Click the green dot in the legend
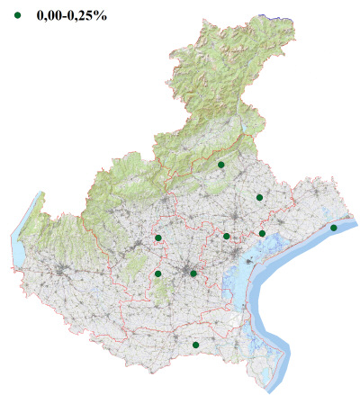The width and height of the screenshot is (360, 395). (x=17, y=15)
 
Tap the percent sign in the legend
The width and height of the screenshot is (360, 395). (x=102, y=15)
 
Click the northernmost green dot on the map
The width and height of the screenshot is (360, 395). (x=221, y=165)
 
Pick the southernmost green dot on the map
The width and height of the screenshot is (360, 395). (x=195, y=345)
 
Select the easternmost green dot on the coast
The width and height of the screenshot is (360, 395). (x=334, y=228)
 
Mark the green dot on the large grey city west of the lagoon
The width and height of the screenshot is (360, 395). (x=193, y=274)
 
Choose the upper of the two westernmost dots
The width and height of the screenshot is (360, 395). (x=158, y=238)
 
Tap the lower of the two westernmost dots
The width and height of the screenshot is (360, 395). (x=158, y=274)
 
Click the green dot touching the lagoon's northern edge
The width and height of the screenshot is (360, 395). (x=262, y=233)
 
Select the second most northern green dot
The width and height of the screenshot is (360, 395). (x=259, y=197)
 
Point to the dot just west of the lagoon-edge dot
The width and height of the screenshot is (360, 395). (x=227, y=237)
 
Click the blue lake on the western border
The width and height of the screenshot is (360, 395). (x=18, y=243)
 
